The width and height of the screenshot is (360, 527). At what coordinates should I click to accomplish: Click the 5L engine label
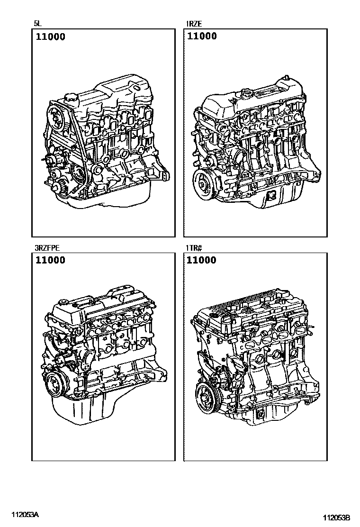[37, 24]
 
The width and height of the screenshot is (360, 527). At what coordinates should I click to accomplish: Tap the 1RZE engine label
[194, 24]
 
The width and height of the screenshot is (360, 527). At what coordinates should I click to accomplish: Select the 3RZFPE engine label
[47, 248]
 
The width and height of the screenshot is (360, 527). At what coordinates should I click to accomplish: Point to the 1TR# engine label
[194, 248]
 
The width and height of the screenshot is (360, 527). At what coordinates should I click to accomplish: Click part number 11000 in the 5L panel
[51, 37]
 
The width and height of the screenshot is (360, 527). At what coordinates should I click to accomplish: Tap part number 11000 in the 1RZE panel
[201, 36]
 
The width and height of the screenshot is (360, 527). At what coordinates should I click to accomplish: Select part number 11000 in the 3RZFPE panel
[51, 260]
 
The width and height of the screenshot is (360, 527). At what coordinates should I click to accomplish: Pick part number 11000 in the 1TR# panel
[201, 260]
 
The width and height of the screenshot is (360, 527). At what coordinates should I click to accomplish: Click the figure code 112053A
[25, 515]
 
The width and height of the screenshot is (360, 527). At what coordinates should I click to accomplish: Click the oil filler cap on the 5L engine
[70, 100]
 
